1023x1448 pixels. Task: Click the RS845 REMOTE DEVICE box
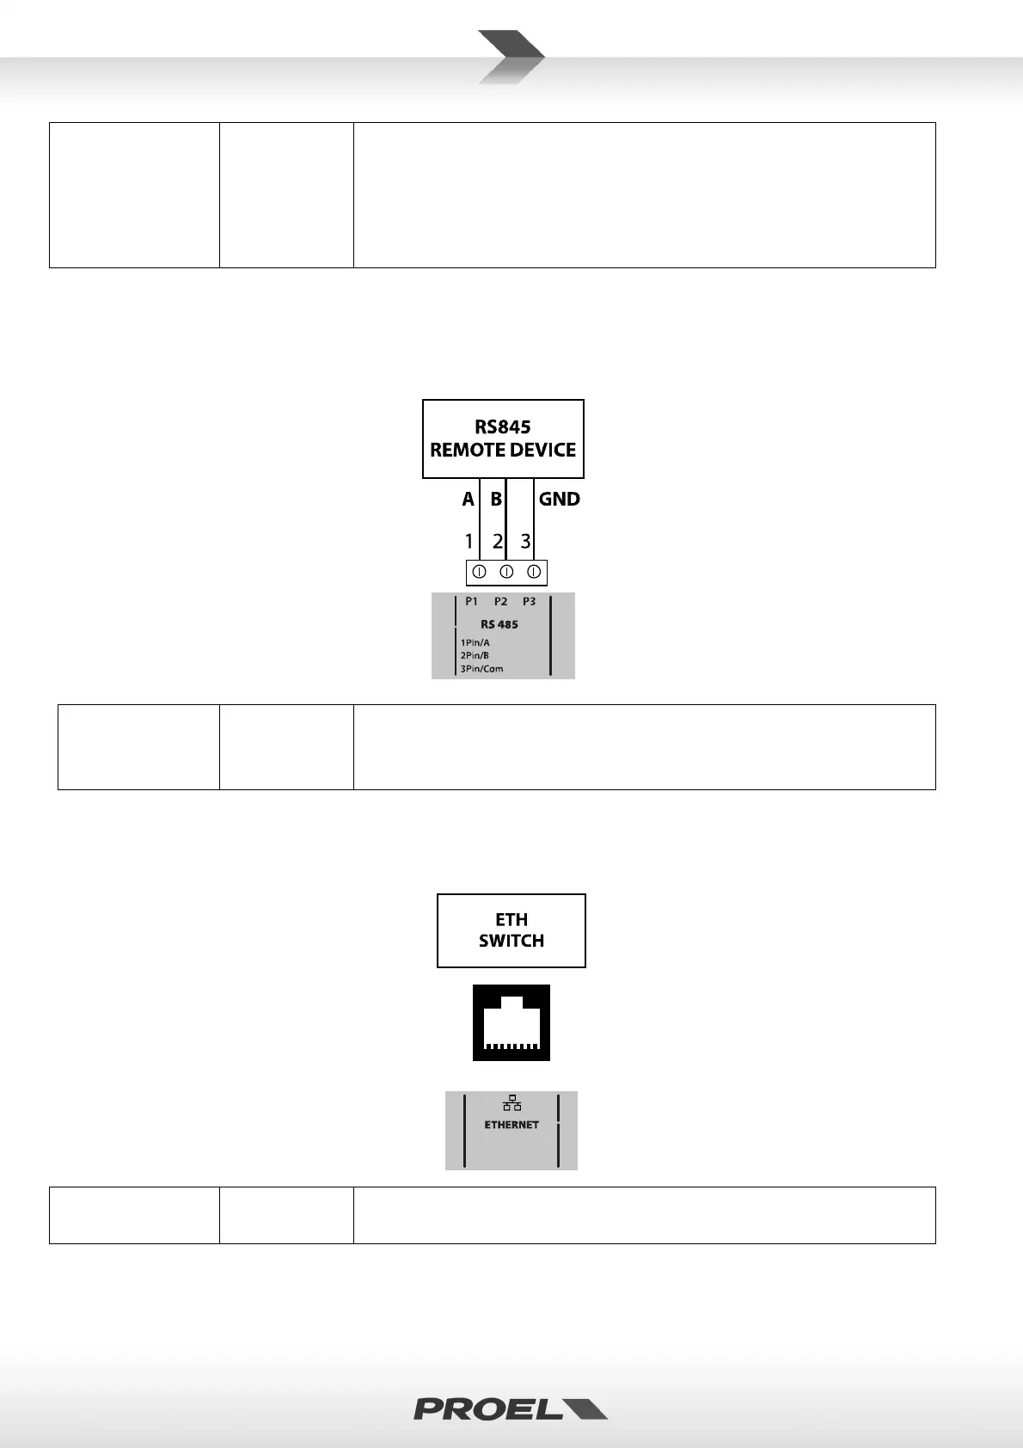pyautogui.click(x=503, y=439)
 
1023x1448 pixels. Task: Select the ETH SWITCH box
pyautogui.click(x=511, y=930)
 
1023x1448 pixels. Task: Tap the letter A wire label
pyautogui.click(x=468, y=499)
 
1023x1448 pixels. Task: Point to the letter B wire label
pyautogui.click(x=496, y=499)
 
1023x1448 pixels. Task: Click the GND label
pyautogui.click(x=559, y=499)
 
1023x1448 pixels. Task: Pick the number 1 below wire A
pyautogui.click(x=469, y=542)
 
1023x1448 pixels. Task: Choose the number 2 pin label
pyautogui.click(x=497, y=542)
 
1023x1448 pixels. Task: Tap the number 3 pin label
pyautogui.click(x=525, y=542)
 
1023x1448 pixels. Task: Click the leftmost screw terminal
pyautogui.click(x=480, y=572)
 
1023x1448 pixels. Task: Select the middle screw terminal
pyautogui.click(x=506, y=572)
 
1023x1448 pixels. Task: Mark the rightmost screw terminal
pyautogui.click(x=533, y=572)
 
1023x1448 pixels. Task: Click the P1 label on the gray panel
pyautogui.click(x=471, y=602)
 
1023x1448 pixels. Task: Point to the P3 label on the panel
pyautogui.click(x=529, y=602)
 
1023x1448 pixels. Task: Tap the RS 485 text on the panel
pyautogui.click(x=499, y=624)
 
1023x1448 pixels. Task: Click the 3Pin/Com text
pyautogui.click(x=481, y=668)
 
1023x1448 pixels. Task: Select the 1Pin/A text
pyautogui.click(x=475, y=642)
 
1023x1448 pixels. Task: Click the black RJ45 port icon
pyautogui.click(x=511, y=1022)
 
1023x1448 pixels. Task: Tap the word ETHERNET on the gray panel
pyautogui.click(x=512, y=1125)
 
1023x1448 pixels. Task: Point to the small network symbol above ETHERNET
pyautogui.click(x=512, y=1103)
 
